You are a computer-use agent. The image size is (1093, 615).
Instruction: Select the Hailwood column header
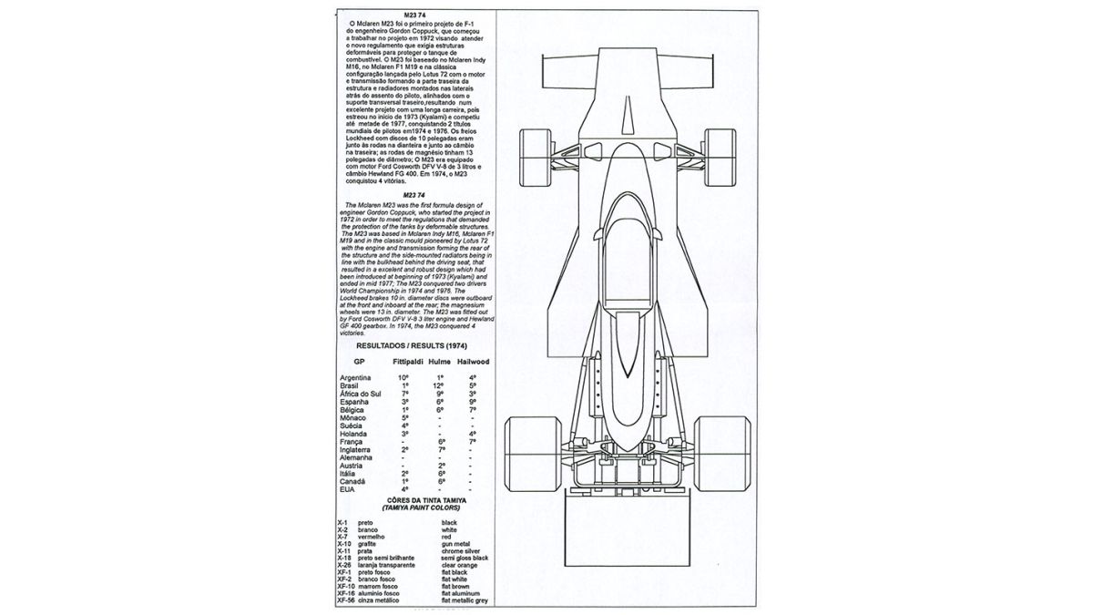click(x=472, y=362)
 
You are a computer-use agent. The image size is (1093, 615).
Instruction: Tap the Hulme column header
click(x=441, y=362)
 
